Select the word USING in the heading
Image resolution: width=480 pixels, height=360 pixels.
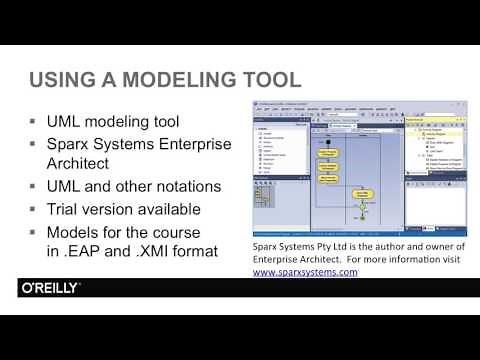(62, 79)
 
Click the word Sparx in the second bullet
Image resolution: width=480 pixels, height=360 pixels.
(71, 145)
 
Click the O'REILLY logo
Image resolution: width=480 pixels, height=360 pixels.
(50, 288)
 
